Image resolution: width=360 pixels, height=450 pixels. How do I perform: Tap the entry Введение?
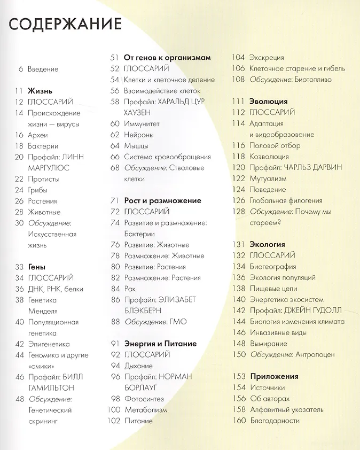[43, 69]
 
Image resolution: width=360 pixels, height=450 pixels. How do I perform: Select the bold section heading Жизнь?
[41, 91]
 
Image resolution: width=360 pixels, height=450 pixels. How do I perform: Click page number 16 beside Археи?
[19, 135]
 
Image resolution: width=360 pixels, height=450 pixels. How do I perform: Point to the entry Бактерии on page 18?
[43, 146]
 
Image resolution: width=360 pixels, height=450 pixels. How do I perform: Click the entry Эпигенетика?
[50, 344]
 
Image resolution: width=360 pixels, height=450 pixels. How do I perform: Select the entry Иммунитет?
[142, 123]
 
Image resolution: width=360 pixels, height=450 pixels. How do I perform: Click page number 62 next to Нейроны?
[115, 135]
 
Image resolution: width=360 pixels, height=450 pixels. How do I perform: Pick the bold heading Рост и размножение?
[162, 200]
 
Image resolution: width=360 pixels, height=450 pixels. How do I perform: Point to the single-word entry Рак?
[130, 289]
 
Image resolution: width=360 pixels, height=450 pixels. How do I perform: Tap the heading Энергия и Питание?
[160, 344]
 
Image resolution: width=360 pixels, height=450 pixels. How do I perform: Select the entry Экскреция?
[267, 58]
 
